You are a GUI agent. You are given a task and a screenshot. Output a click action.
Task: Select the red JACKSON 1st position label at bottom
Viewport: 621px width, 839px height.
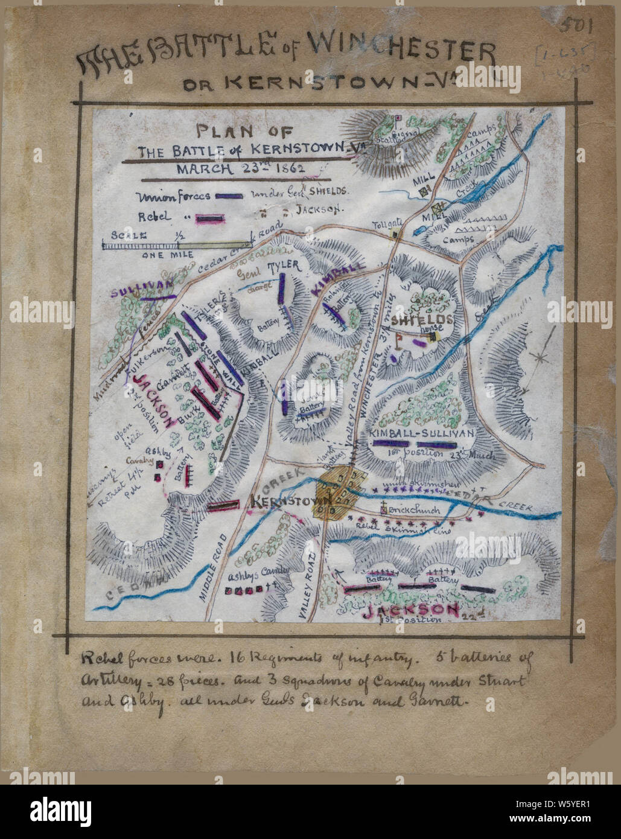coord(411,612)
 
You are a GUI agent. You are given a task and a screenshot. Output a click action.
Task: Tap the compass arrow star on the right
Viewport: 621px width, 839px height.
coord(539,357)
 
